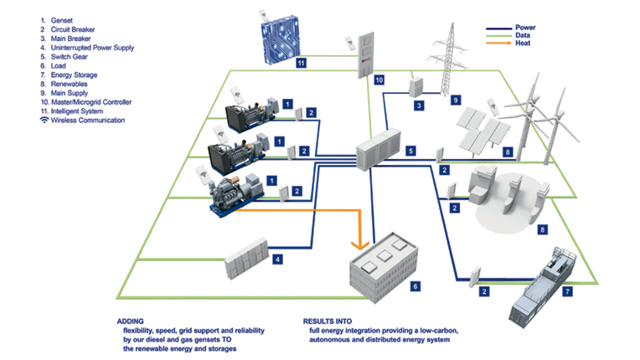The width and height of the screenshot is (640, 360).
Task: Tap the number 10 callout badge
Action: [379, 80]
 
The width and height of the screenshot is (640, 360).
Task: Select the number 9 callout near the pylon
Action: [456, 100]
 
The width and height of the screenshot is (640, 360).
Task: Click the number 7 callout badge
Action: [568, 291]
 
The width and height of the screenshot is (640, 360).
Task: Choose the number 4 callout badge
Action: [277, 260]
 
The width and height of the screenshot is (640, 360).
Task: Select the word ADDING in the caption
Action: [132, 321]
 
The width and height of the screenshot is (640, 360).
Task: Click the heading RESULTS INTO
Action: [328, 321]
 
